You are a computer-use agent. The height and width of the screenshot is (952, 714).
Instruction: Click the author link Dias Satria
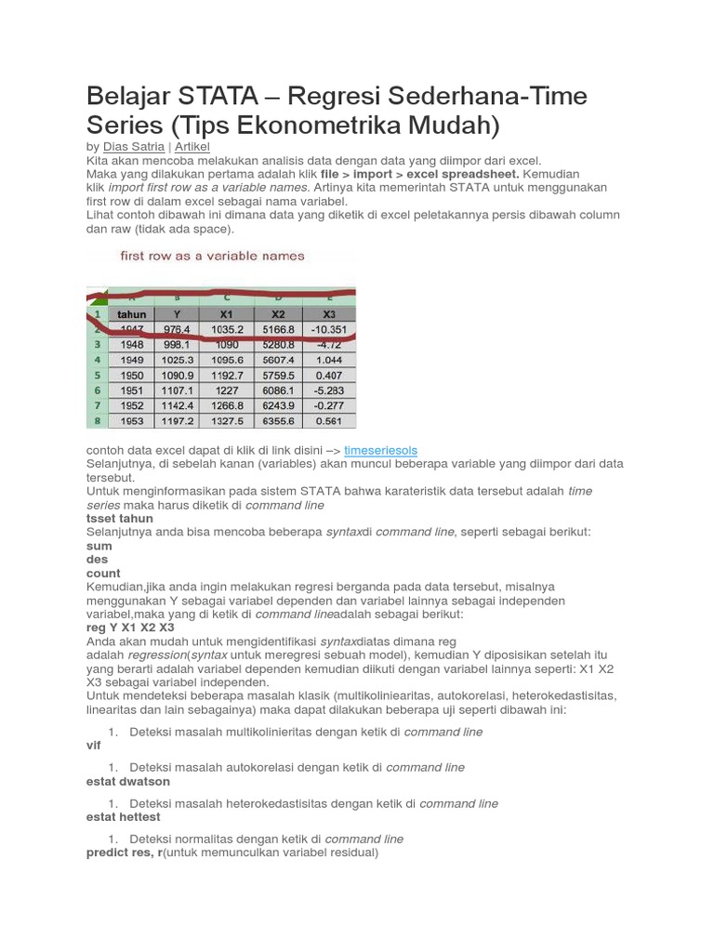click(133, 147)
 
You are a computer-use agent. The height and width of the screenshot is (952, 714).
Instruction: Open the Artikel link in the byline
click(192, 147)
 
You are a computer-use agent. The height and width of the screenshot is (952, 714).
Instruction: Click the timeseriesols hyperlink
click(380, 450)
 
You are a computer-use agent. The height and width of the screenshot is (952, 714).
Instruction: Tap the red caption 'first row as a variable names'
click(213, 256)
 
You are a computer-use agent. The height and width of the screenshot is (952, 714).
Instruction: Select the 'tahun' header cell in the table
click(132, 314)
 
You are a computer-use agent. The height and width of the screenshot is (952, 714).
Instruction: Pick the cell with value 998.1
click(177, 344)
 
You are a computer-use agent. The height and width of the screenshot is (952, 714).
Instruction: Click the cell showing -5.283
click(329, 390)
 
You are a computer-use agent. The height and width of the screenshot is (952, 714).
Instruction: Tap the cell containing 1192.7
click(228, 375)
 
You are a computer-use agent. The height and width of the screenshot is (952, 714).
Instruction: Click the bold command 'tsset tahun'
click(120, 519)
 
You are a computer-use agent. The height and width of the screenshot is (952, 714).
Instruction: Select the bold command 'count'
click(103, 574)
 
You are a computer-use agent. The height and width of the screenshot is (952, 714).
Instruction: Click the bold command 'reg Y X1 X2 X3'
click(130, 628)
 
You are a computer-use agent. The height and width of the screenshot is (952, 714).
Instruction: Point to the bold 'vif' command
click(93, 746)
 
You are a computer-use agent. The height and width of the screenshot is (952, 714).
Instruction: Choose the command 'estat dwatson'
click(128, 782)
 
